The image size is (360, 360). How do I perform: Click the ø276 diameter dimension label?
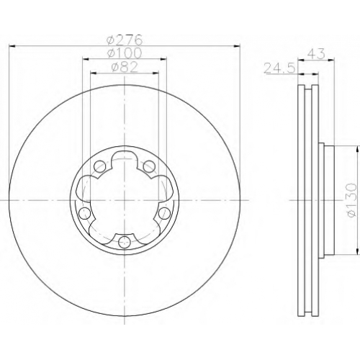pyautogui.click(x=125, y=40)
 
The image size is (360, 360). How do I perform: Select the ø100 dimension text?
pyautogui.click(x=125, y=53)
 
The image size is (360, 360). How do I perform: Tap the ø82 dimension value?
pyautogui.click(x=125, y=67)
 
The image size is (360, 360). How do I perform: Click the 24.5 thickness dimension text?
pyautogui.click(x=279, y=68)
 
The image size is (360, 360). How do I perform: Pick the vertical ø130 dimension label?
pyautogui.click(x=352, y=200)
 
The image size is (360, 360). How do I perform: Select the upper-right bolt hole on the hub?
pyautogui.click(x=149, y=166)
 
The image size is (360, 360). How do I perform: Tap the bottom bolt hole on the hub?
pyautogui.click(x=125, y=242)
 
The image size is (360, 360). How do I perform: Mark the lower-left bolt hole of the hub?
pyautogui.click(x=85, y=213)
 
